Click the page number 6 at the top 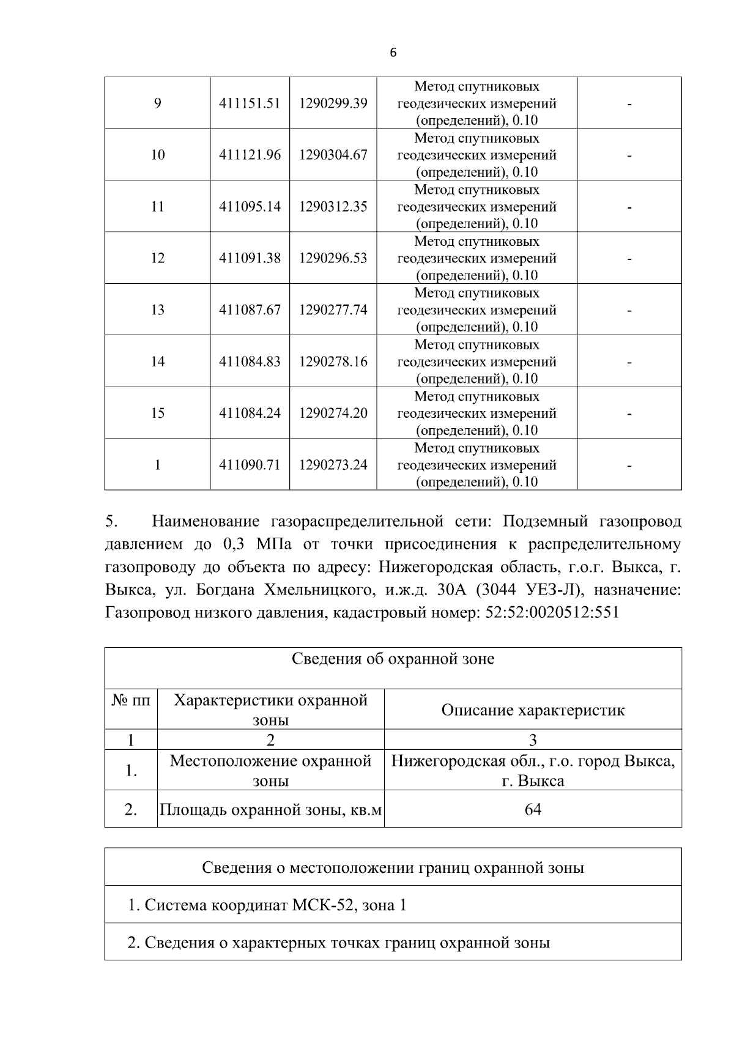(393, 53)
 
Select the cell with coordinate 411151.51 (250, 103)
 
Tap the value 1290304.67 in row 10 (333, 155)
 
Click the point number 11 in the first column (157, 207)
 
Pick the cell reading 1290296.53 (333, 258)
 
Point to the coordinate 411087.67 (250, 310)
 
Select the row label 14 (157, 361)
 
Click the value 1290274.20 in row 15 (333, 413)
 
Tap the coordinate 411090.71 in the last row (250, 465)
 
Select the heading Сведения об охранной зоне (393, 659)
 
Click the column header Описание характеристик (533, 710)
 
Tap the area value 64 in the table (533, 810)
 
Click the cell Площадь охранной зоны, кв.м (270, 810)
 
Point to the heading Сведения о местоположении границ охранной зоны (393, 868)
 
